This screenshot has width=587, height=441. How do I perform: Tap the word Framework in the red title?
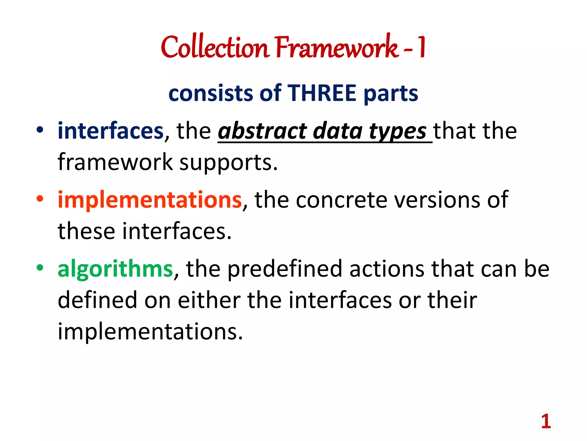[337, 47]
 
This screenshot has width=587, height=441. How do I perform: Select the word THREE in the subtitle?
[322, 93]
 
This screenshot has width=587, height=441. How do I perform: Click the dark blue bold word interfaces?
[111, 131]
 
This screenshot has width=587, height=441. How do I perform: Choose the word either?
[209, 300]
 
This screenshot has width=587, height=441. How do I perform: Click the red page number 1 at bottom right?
[546, 421]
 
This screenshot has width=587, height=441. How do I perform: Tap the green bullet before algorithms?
[40, 268]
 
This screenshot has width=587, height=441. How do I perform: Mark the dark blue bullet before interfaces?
[40, 130]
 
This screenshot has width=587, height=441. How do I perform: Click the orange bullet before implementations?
[40, 199]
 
